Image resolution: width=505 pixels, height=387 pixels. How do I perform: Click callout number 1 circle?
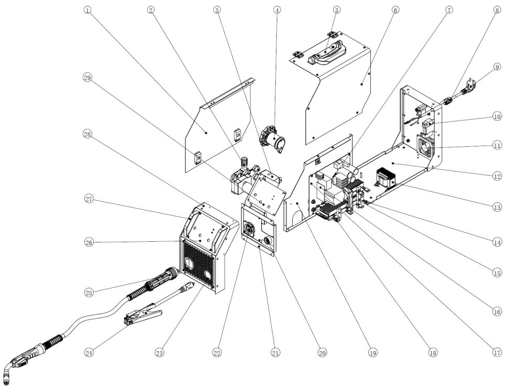tap(87, 10)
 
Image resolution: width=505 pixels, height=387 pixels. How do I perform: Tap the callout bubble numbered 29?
tap(87, 77)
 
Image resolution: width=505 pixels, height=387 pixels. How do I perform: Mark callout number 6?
tap(395, 10)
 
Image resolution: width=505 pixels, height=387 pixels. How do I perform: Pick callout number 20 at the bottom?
tap(322, 353)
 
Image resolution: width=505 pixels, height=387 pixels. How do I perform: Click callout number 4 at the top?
tap(277, 10)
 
